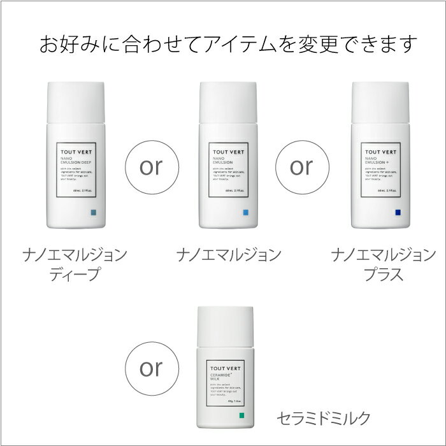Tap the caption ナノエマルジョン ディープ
click(75, 265)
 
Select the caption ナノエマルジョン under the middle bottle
click(228, 255)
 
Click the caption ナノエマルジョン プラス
click(380, 265)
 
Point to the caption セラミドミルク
click(323, 418)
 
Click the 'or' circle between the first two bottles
click(152, 166)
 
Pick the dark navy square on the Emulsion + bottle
click(398, 212)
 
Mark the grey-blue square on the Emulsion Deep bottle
click(94, 212)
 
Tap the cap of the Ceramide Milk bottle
click(226, 322)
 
